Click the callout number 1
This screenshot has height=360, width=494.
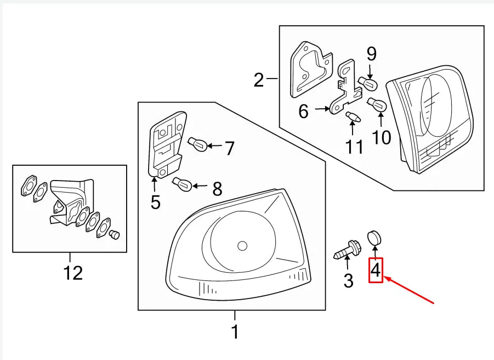[x=235, y=332]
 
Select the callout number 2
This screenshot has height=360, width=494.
[x=259, y=81]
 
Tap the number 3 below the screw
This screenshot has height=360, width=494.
[x=349, y=281]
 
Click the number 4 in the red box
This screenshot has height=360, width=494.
[x=376, y=270]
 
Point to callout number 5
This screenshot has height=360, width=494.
[x=156, y=203]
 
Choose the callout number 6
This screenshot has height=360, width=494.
[x=304, y=111]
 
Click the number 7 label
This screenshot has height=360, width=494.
[x=229, y=148]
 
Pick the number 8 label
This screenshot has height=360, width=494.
[x=217, y=189]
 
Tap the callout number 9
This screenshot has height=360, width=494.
[x=371, y=54]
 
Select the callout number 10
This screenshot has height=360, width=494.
[x=382, y=137]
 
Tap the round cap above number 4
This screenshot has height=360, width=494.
[x=374, y=238]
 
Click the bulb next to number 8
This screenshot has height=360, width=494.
[x=181, y=183]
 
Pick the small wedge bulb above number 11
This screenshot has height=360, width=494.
[x=352, y=116]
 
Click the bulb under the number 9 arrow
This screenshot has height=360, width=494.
[x=367, y=83]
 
